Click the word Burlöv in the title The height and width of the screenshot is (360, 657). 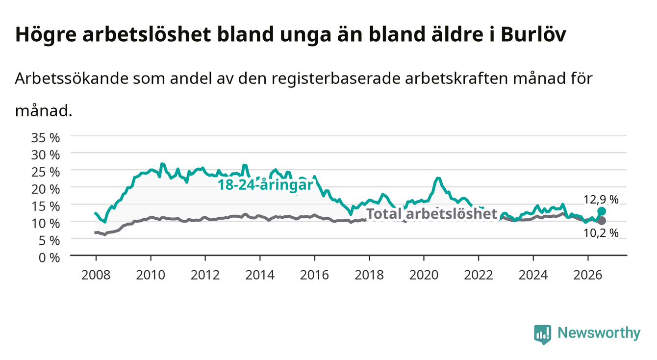pos(533,35)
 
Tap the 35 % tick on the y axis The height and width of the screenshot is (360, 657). pos(46,138)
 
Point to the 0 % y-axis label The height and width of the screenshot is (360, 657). pos(49,257)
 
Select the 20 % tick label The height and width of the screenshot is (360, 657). pos(46,189)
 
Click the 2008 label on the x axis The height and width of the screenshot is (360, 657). pos(96,275)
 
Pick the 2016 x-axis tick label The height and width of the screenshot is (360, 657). pos(314,275)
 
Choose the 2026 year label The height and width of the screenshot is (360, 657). pos(588,275)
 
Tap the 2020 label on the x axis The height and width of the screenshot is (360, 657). pos(424,275)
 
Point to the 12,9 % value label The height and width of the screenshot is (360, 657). pos(601,200)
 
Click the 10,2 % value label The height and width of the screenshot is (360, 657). pos(601,233)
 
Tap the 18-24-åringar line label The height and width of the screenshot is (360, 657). pos(265,185)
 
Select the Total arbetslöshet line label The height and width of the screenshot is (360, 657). pos(432,213)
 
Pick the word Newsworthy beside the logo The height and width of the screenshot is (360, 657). pos(599,333)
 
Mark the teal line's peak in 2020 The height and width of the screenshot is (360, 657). pos(438,178)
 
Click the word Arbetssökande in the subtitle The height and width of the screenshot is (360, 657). pos(72,78)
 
